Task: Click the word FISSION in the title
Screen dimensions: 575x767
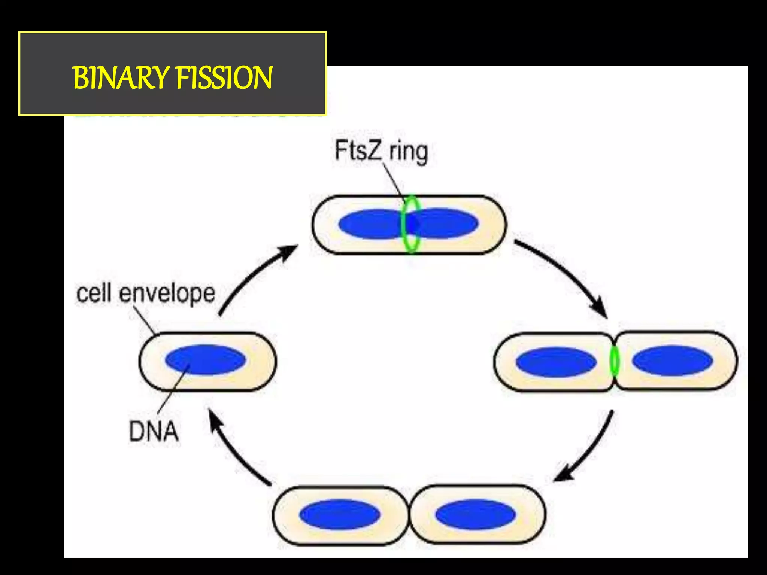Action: [224, 77]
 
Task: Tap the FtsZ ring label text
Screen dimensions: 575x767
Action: [381, 151]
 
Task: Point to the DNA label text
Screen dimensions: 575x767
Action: [154, 431]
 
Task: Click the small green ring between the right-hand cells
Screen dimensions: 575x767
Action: [614, 362]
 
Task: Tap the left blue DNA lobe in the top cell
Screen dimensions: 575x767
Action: [369, 224]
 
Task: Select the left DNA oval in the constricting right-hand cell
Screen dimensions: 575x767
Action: [556, 362]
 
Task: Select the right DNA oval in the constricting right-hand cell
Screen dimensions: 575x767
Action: [672, 360]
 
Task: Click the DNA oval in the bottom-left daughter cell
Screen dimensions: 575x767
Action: [339, 514]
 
